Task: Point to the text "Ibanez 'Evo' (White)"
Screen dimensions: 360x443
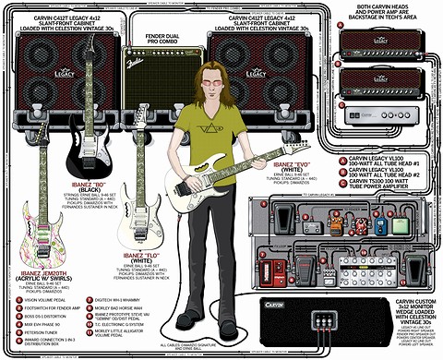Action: pos(272,168)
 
